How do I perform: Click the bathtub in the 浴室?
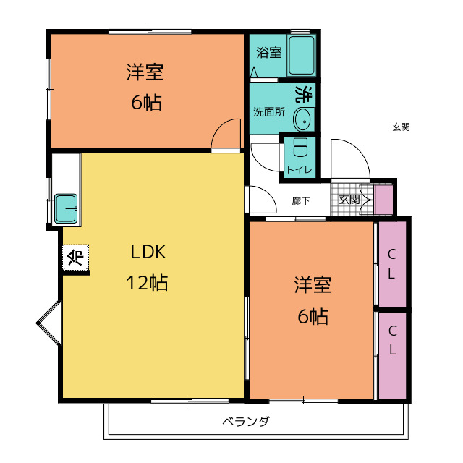tap(301, 56)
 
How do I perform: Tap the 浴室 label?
tap(268, 53)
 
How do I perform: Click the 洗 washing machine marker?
tap(304, 94)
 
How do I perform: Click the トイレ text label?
tap(300, 170)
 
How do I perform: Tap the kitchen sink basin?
tap(66, 208)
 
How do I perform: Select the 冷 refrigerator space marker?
tap(75, 258)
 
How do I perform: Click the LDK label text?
tap(148, 252)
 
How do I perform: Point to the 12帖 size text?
tap(147, 283)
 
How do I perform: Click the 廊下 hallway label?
tap(301, 201)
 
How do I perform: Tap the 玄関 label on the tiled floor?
tap(349, 200)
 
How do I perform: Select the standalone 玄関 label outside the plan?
tap(401, 127)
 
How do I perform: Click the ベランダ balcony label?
tap(246, 421)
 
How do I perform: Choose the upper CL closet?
tap(392, 264)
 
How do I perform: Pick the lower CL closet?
tap(392, 356)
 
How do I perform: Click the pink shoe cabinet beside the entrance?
tap(383, 200)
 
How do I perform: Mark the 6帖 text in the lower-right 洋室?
tap(313, 316)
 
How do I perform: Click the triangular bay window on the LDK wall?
tap(48, 323)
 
